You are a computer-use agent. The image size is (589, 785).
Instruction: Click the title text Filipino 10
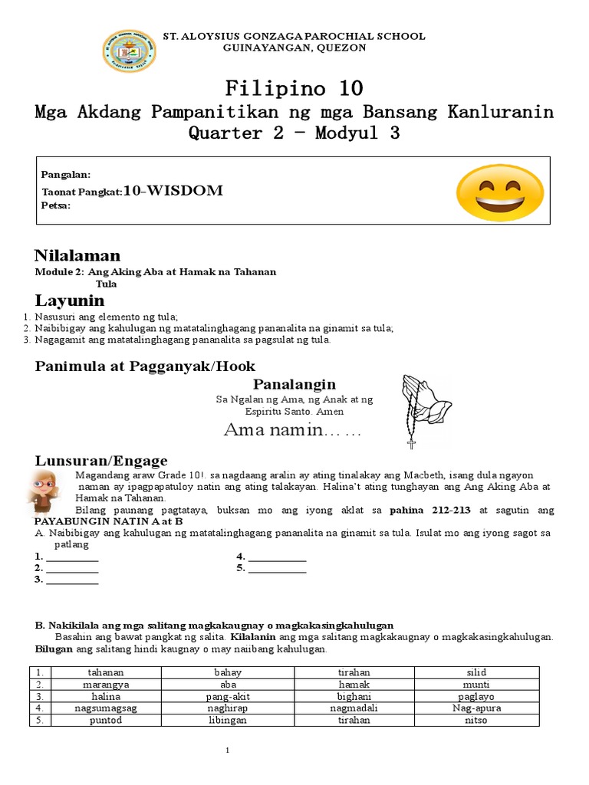[x=294, y=87]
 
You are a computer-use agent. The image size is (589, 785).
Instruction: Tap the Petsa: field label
[x=56, y=205]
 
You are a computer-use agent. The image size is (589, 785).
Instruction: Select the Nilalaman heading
[x=77, y=255]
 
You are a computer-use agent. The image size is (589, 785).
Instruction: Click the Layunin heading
[x=70, y=299]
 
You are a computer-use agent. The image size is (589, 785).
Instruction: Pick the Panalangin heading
[x=294, y=384]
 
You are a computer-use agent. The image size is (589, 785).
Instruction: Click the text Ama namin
[x=291, y=431]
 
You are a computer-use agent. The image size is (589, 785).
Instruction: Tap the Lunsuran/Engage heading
[x=101, y=461]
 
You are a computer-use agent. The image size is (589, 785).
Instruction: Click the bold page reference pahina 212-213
[x=432, y=510]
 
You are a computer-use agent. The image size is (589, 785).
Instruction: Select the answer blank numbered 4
[x=277, y=557]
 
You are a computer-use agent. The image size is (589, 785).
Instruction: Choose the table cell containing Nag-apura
[x=476, y=708]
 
